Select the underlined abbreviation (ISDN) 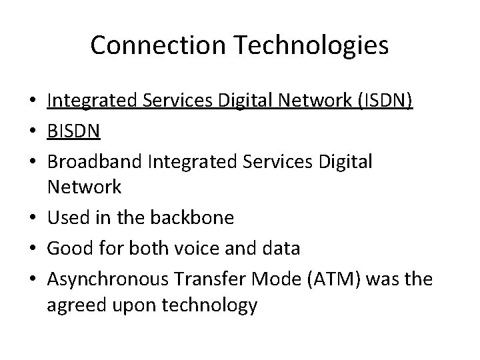pos(386,101)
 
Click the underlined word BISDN pos(73,131)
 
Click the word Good pos(66,248)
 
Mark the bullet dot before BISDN pos(34,131)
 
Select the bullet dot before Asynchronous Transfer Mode pos(34,278)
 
